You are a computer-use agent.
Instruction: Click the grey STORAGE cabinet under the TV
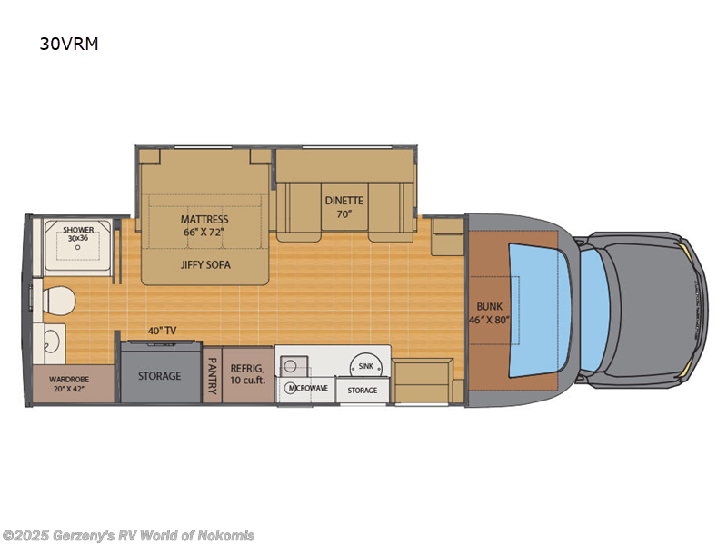pos(159,375)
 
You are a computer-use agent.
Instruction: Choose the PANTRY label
pos(212,376)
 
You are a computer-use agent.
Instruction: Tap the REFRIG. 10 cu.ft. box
pos(247,372)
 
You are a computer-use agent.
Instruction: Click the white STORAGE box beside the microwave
pos(362,391)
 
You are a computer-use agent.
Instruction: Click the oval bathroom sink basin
pos(50,342)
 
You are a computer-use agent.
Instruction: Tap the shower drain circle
pos(77,246)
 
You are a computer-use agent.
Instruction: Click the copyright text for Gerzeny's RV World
pos(129,535)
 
